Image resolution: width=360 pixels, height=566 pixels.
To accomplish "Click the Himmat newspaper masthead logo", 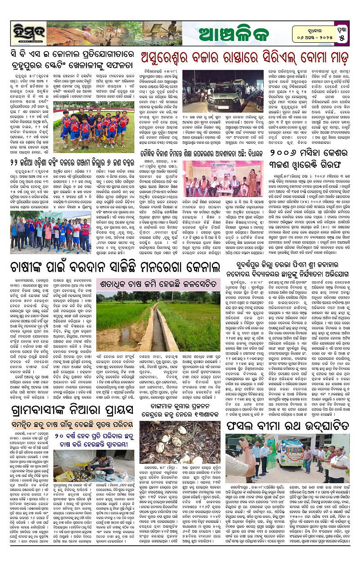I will [x=23, y=32].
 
